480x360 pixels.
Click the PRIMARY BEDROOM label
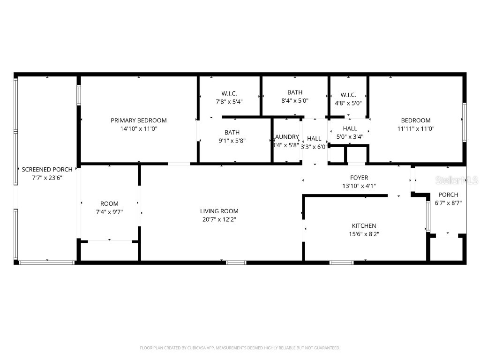point(138,120)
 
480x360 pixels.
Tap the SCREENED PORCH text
point(47,169)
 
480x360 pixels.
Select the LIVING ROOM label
point(219,211)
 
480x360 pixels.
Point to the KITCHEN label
point(364,226)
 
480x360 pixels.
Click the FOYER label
point(359,178)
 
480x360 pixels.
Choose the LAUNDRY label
point(286,137)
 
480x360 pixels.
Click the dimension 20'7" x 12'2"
point(219,219)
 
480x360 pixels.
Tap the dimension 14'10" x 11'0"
point(138,128)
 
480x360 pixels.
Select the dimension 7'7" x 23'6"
point(47,177)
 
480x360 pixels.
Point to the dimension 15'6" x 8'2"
point(364,233)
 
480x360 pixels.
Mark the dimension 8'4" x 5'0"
point(295,100)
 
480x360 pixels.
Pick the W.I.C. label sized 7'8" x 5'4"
point(229,93)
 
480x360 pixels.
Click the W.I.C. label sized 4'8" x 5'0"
point(348,95)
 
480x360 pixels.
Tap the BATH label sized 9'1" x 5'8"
point(232,133)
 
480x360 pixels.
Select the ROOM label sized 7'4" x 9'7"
point(109,204)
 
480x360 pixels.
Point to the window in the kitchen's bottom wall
point(342,262)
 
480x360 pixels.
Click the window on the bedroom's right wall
point(464,122)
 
